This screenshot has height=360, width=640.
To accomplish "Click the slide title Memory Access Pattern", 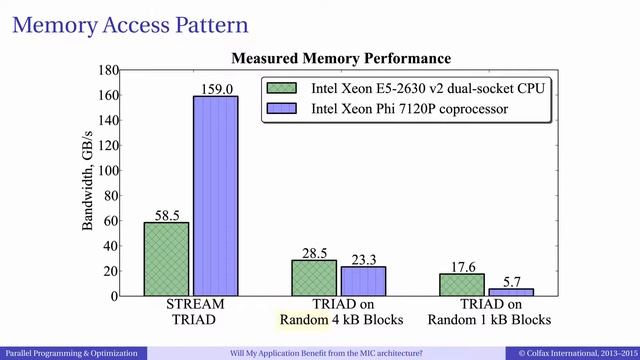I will (x=130, y=21).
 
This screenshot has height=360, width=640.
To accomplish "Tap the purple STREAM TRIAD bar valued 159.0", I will (x=215, y=195).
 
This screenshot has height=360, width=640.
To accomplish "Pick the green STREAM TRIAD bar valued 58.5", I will (x=166, y=258).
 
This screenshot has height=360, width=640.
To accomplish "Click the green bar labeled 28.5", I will (x=314, y=277).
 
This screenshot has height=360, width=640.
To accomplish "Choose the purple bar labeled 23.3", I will (x=363, y=280).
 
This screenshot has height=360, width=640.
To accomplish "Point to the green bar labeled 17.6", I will (x=462, y=284).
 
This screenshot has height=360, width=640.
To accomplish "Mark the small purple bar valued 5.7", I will (x=511, y=291).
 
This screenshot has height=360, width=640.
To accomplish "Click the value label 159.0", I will (x=215, y=88).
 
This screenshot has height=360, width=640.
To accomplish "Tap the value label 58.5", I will (x=166, y=214).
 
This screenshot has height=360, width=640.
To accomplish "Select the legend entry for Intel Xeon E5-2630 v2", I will (x=410, y=87).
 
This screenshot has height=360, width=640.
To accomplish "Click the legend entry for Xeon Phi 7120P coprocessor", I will (x=410, y=107).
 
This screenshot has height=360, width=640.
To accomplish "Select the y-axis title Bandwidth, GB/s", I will (x=87, y=185).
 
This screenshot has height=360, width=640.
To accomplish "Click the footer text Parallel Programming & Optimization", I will (x=70, y=353).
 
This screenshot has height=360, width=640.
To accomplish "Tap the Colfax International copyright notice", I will (x=575, y=353).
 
